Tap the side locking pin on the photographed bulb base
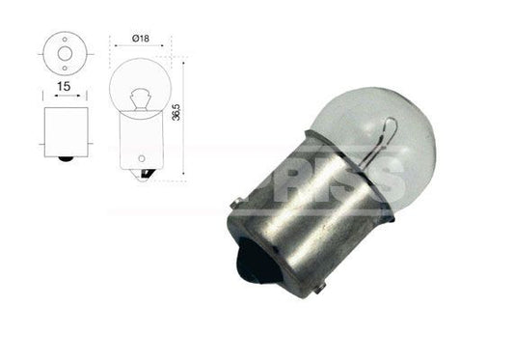pos(235,201)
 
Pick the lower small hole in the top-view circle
pos(67,61)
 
